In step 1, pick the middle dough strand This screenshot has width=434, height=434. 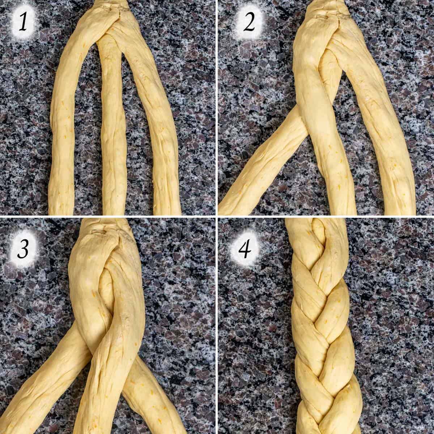click(x=114, y=145)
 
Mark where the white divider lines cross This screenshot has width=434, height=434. click(x=217, y=216)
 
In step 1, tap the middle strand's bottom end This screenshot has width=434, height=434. click(x=114, y=210)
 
